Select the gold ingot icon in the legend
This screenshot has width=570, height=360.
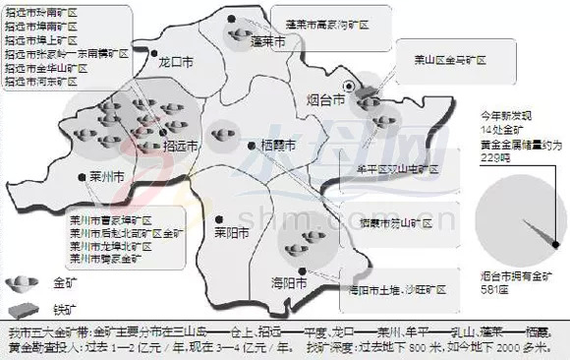(19, 282)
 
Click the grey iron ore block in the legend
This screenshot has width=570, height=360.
(19, 308)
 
